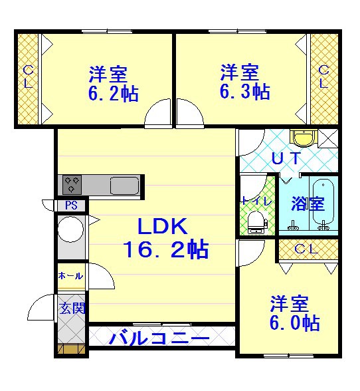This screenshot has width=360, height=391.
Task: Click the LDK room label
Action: [x=163, y=226]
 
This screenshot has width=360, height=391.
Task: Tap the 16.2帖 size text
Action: [x=165, y=249]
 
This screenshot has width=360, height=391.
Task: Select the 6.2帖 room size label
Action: [x=114, y=94]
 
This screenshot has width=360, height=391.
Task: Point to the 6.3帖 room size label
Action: [x=245, y=92]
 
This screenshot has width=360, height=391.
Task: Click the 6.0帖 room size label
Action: [x=295, y=323]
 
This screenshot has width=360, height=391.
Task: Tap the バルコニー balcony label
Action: [x=159, y=338]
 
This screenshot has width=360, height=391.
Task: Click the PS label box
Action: [x=72, y=205]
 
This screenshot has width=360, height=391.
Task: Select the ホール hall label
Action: [x=70, y=276]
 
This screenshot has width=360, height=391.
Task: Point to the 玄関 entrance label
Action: [x=72, y=309]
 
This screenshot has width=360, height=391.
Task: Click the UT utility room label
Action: [x=286, y=158]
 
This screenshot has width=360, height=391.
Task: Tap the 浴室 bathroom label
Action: [x=308, y=203]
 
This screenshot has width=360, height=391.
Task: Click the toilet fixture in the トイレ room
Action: [x=258, y=222]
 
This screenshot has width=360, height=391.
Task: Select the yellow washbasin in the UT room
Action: [x=304, y=137]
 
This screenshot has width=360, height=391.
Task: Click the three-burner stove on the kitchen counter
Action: [x=72, y=185]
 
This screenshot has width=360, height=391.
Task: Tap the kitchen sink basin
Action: [x=125, y=186]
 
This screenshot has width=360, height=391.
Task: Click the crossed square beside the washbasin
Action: [x=328, y=138]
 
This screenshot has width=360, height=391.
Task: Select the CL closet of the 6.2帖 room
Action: [x=28, y=78]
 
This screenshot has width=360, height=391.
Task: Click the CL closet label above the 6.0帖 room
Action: [x=306, y=249]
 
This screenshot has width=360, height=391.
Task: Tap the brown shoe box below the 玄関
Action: [x=72, y=348]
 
